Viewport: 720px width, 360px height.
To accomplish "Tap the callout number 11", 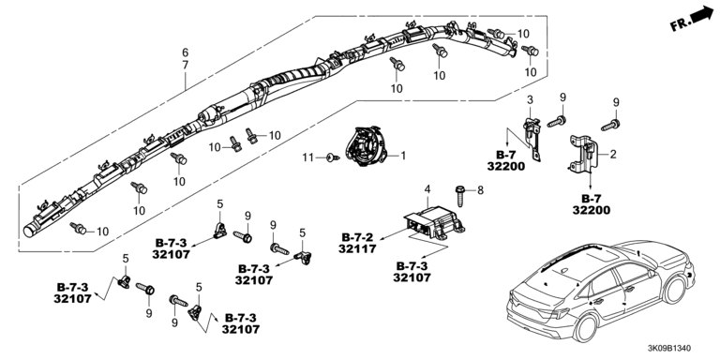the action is (x=307, y=157).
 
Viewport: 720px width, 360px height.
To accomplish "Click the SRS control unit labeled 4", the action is (x=433, y=224).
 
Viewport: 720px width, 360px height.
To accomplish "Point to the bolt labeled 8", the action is (x=459, y=195).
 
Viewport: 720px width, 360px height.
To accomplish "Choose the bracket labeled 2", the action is (x=582, y=156).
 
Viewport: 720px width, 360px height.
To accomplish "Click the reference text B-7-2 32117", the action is (x=357, y=244).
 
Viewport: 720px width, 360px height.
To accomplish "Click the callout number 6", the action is (x=185, y=52).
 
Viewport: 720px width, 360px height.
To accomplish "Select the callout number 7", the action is (x=185, y=66).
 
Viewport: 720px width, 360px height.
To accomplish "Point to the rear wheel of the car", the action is (x=587, y=326).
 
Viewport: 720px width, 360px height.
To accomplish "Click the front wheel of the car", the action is (x=675, y=291).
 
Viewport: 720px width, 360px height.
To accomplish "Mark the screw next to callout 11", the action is (x=333, y=157).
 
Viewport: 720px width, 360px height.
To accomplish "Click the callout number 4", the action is (x=427, y=189).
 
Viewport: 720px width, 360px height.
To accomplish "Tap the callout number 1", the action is (x=403, y=157).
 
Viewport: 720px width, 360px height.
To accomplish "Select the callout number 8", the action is (x=480, y=189).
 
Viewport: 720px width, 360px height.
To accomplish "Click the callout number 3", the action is (x=530, y=99).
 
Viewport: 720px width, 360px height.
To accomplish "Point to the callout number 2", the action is (x=613, y=155).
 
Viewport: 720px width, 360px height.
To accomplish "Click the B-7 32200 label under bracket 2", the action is (x=592, y=204).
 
